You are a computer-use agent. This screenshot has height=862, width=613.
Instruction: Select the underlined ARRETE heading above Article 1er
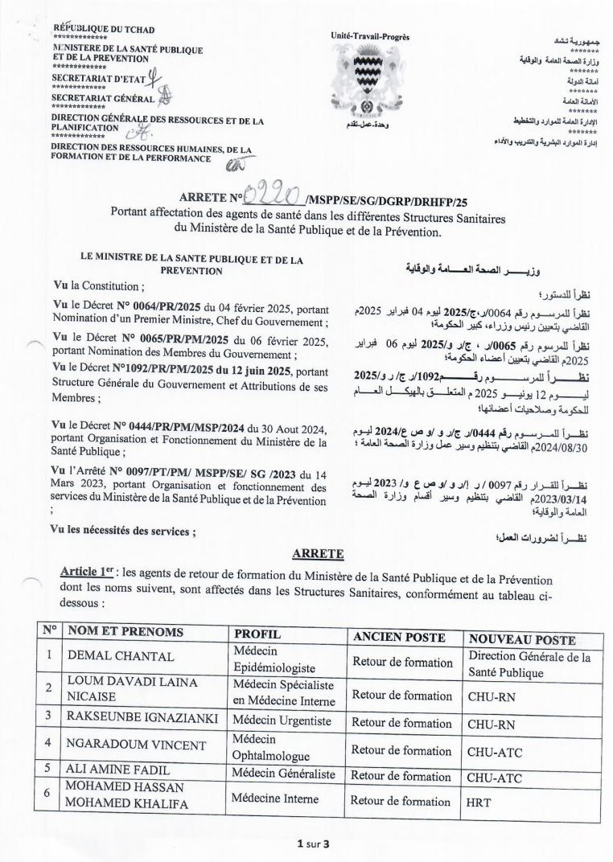pyautogui.click(x=297, y=554)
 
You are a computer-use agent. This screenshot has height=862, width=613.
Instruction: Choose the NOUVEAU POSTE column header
pyautogui.click(x=522, y=640)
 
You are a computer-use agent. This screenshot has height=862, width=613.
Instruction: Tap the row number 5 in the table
pyautogui.click(x=49, y=776)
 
